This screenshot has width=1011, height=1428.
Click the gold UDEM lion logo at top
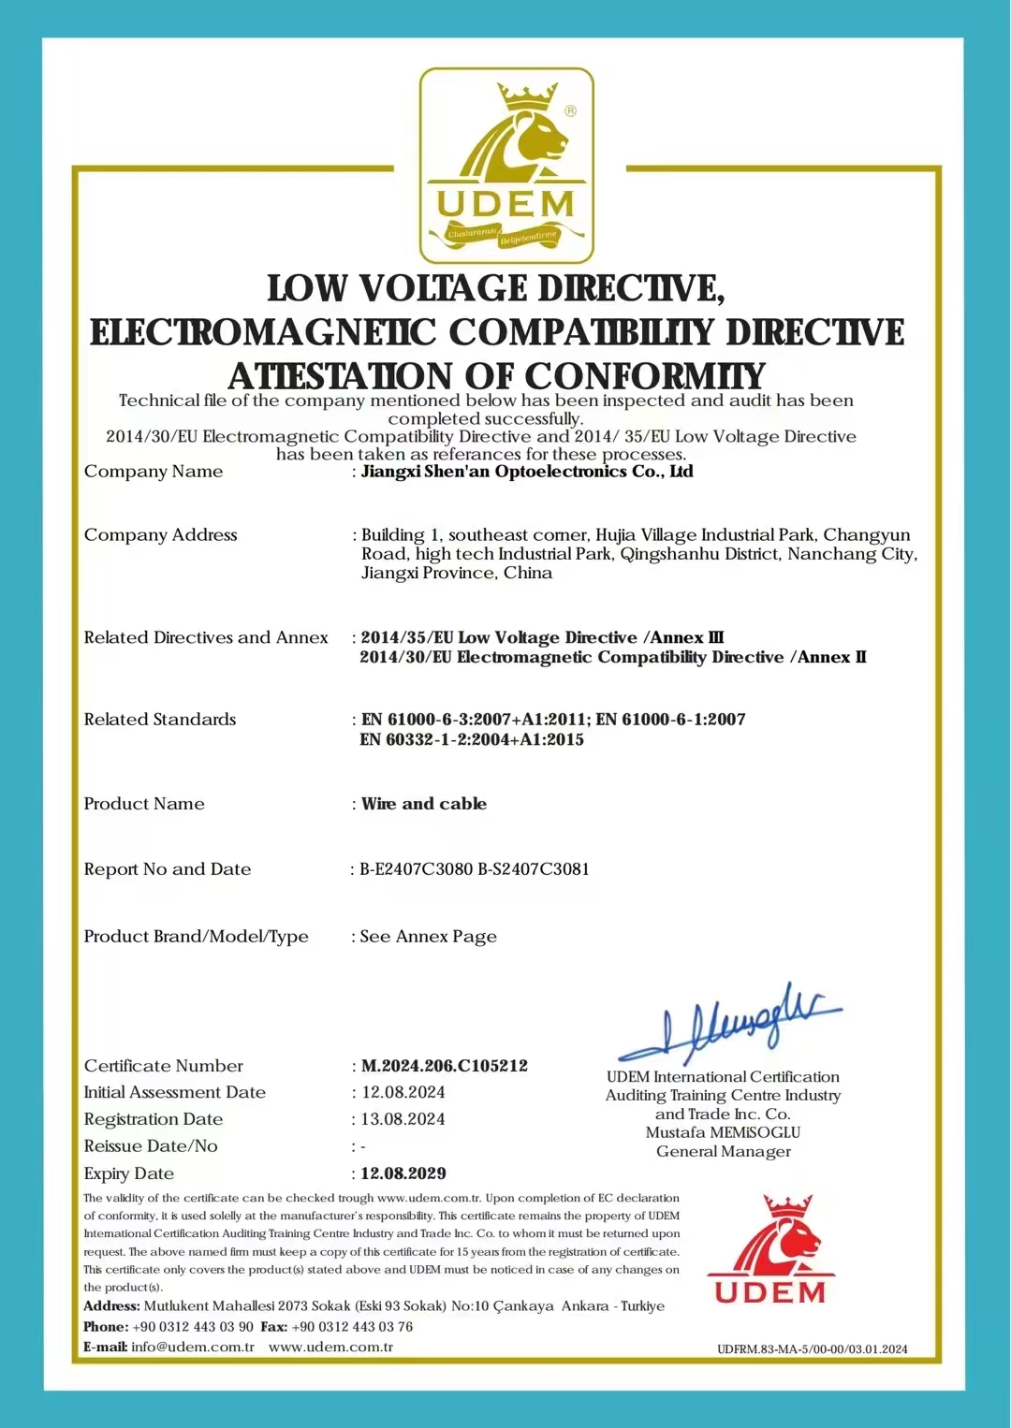click(x=505, y=165)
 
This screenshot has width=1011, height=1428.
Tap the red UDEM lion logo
click(x=770, y=1249)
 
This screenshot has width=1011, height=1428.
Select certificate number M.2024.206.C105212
click(x=444, y=1066)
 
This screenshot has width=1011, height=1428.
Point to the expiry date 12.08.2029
click(x=403, y=1173)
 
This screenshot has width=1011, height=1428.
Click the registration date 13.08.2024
click(x=403, y=1119)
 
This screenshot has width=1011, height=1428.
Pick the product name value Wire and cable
click(x=424, y=804)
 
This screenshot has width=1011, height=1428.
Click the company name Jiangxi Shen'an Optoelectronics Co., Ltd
click(x=527, y=472)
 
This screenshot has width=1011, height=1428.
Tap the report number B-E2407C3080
click(x=417, y=869)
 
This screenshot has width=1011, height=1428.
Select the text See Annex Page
click(x=429, y=937)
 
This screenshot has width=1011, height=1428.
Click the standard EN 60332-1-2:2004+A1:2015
click(x=472, y=740)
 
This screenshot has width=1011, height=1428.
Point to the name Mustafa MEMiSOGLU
click(x=723, y=1132)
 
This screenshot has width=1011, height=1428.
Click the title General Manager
click(x=723, y=1151)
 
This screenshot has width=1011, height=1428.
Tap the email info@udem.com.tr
click(x=193, y=1348)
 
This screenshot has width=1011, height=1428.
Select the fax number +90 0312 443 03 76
click(x=352, y=1327)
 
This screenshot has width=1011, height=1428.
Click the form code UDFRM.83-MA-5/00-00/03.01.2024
click(x=812, y=1348)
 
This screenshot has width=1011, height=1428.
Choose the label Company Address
click(x=161, y=535)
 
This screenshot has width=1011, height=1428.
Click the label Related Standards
click(x=160, y=720)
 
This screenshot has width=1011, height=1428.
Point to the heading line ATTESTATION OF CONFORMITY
click(x=497, y=376)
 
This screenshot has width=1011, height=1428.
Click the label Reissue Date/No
click(x=151, y=1146)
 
